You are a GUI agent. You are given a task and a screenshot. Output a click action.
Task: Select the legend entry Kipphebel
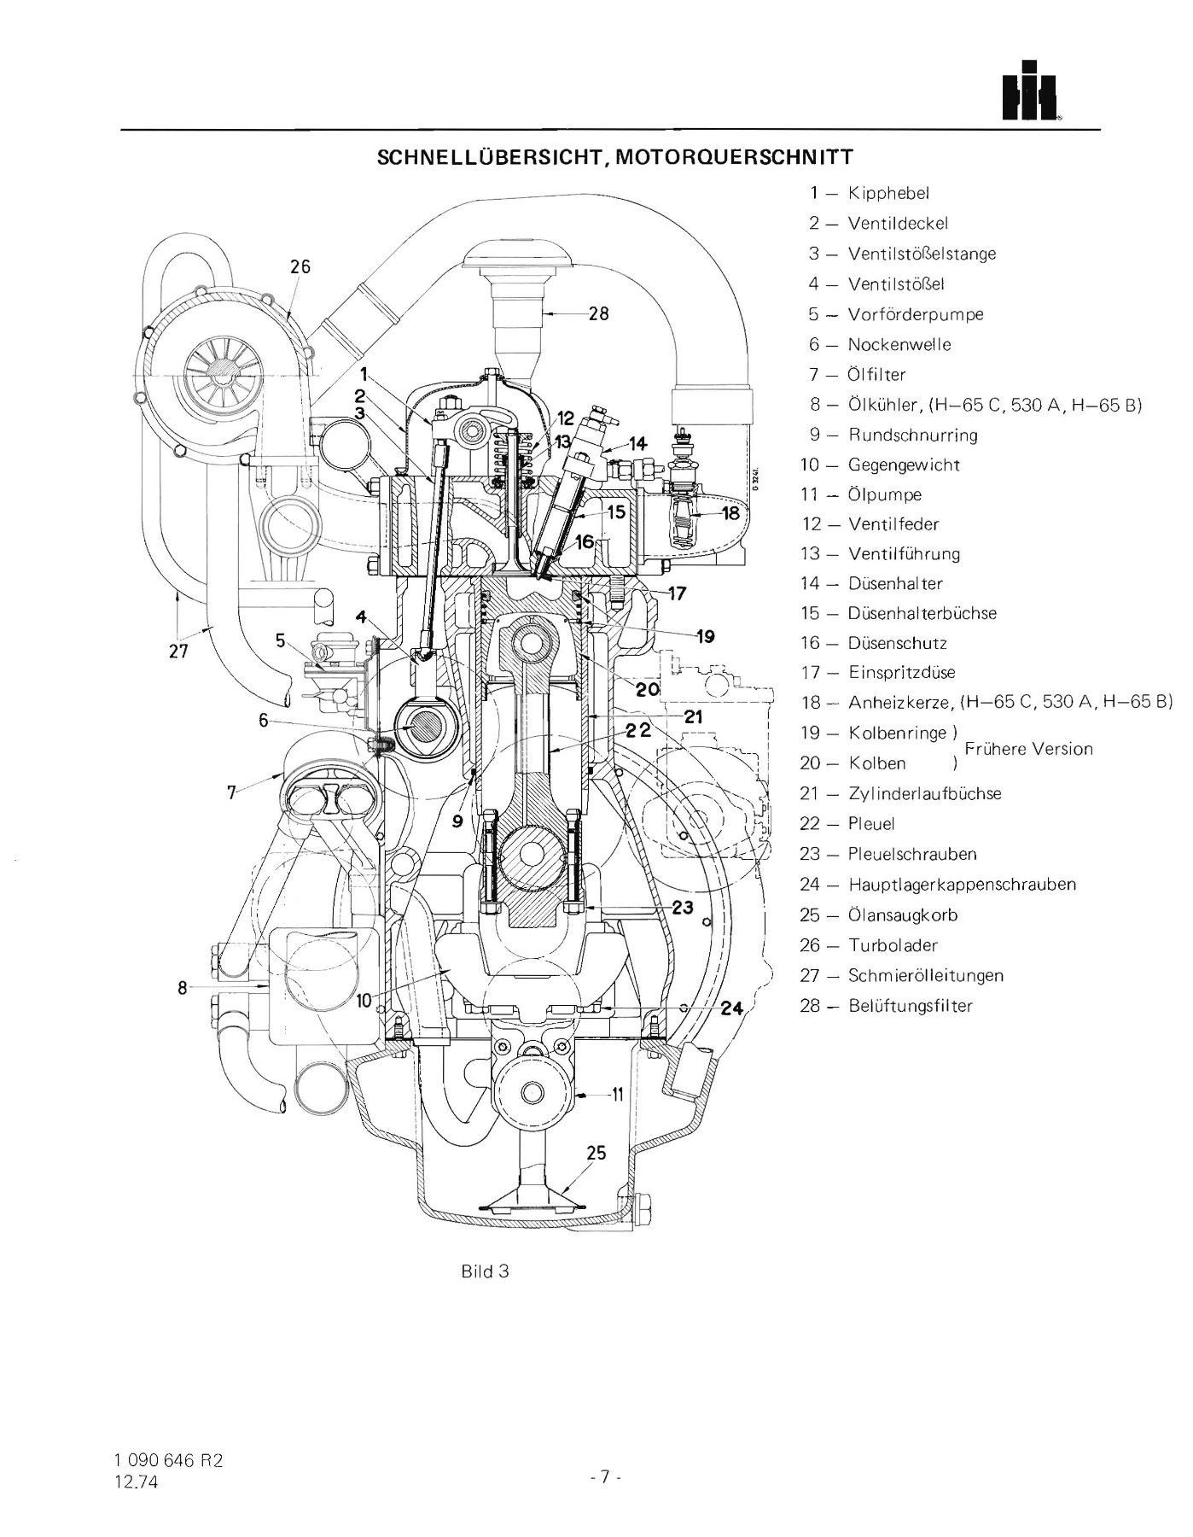tap(888, 193)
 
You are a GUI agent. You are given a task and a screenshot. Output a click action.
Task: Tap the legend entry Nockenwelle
tap(899, 344)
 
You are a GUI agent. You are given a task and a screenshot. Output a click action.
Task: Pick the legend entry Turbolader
tap(893, 945)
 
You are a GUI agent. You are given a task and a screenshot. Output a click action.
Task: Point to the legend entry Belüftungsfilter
tap(910, 1006)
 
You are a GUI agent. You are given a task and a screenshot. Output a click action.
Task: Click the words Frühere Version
tap(1028, 749)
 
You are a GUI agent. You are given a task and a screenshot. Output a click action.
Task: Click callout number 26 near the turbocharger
tap(300, 266)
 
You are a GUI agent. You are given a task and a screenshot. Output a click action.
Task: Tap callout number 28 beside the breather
tap(599, 313)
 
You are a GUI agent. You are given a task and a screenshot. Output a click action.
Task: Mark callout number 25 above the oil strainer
tap(596, 1154)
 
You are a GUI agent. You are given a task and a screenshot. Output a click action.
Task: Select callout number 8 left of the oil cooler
tap(182, 988)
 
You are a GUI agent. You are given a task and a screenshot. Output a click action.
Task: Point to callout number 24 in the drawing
tap(731, 1008)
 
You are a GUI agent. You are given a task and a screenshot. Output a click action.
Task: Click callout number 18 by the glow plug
tap(730, 513)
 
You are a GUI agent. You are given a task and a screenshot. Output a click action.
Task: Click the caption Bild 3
tap(485, 1271)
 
